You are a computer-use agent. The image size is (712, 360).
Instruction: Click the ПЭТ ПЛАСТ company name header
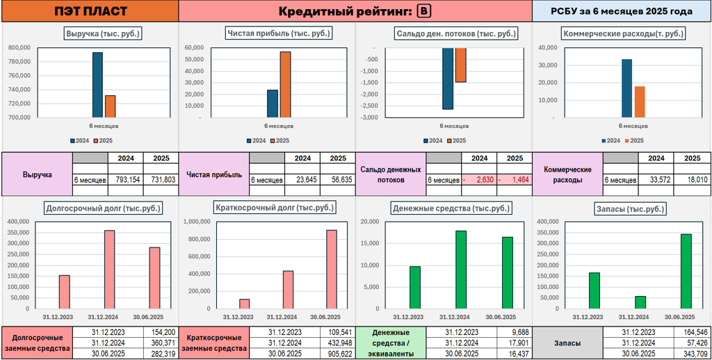90,11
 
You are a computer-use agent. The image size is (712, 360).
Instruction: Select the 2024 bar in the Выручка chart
97,85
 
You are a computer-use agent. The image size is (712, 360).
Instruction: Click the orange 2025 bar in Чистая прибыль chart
285,84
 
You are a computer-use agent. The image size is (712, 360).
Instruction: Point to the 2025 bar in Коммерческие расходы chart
640,101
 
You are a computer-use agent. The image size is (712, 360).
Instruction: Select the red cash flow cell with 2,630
478,180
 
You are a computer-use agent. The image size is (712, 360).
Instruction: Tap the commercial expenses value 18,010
693,180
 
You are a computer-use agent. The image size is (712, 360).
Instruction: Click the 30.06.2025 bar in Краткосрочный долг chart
332,269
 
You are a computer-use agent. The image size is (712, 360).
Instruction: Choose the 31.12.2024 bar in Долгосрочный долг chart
109,269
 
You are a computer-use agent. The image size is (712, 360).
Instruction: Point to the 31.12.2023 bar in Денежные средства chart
415,287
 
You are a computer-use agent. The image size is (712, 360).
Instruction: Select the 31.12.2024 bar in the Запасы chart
640,302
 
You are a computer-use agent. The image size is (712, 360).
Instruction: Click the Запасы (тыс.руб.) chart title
622,208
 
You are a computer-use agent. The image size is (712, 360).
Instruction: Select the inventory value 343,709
693,354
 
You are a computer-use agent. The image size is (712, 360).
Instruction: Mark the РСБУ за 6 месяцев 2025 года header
622,11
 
